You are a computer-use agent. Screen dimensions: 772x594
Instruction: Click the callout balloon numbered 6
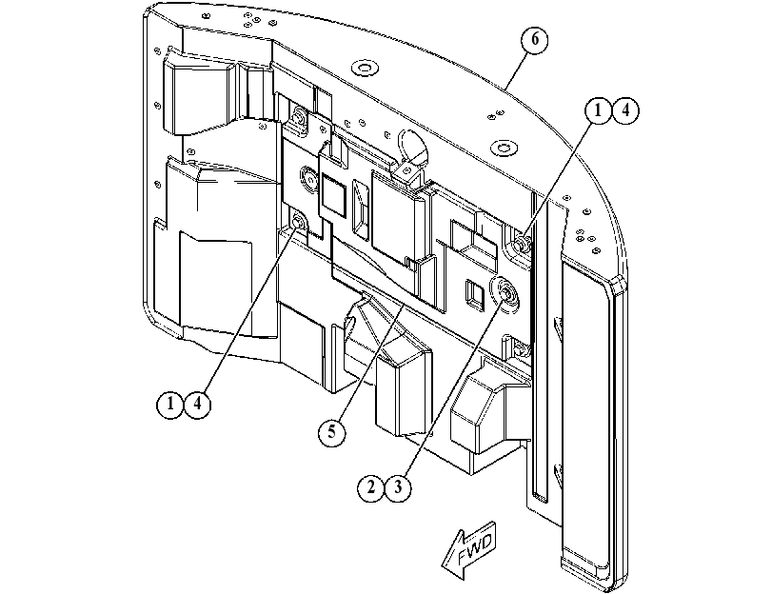pyautogui.click(x=535, y=39)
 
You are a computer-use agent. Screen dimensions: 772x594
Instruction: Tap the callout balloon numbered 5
pyautogui.click(x=332, y=432)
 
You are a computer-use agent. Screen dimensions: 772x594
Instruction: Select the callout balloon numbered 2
pyautogui.click(x=370, y=487)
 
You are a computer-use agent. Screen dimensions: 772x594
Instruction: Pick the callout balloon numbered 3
pyautogui.click(x=398, y=487)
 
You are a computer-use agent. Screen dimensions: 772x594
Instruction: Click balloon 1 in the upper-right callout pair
pyautogui.click(x=598, y=110)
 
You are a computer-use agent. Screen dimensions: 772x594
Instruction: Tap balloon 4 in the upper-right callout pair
pyautogui.click(x=625, y=110)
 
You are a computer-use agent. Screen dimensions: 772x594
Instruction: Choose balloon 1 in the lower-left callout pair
pyautogui.click(x=169, y=404)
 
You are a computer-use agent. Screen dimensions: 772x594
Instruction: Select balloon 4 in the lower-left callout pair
pyautogui.click(x=197, y=404)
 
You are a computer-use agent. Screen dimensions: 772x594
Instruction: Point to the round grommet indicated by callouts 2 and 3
pyautogui.click(x=505, y=293)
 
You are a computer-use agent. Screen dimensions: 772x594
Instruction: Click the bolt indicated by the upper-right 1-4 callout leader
pyautogui.click(x=522, y=243)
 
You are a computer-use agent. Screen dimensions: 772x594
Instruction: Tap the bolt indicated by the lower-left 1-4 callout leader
pyautogui.click(x=298, y=223)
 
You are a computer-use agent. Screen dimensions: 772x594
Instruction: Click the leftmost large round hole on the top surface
pyautogui.click(x=364, y=68)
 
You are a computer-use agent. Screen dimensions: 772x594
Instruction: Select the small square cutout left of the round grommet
pyautogui.click(x=472, y=295)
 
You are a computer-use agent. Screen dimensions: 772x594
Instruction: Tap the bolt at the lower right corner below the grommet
pyautogui.click(x=519, y=349)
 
